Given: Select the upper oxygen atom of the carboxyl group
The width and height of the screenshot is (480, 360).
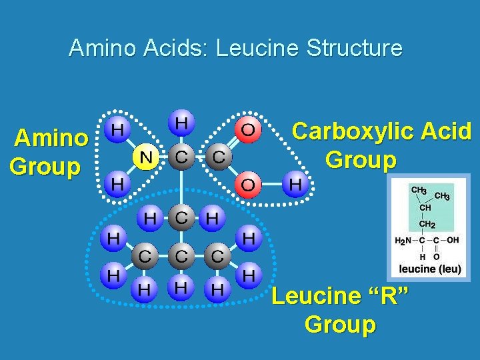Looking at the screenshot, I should (x=247, y=129).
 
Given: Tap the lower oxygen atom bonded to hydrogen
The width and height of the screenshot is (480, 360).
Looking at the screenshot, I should (x=247, y=184).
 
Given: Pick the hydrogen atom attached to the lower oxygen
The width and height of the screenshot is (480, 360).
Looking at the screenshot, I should (x=294, y=184).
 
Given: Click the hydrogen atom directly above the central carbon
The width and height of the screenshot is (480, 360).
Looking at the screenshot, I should (x=181, y=124).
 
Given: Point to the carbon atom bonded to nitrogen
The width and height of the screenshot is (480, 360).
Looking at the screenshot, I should (x=181, y=157).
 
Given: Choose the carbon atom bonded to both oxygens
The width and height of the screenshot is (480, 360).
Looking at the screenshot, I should (x=218, y=157).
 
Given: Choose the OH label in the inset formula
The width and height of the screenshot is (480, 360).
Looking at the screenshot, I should (x=453, y=239).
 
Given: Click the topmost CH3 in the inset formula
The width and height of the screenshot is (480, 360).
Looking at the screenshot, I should (x=419, y=191).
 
